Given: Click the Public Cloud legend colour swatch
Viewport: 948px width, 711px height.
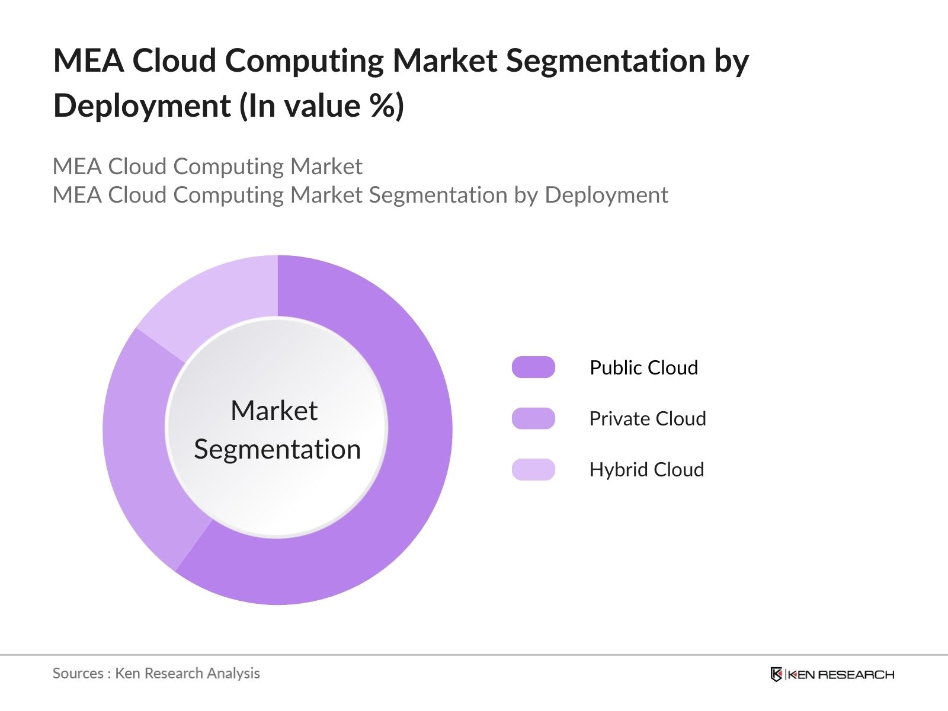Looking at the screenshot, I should tap(533, 367).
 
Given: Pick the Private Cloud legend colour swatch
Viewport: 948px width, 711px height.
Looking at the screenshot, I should tap(533, 418).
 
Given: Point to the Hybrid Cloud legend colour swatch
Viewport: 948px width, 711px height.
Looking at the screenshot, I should tap(533, 469).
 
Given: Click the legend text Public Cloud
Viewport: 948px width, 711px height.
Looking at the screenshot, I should tap(643, 367).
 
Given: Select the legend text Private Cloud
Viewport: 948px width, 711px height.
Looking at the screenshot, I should tap(647, 418).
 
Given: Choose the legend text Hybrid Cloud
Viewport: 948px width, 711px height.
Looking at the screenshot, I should tap(646, 469).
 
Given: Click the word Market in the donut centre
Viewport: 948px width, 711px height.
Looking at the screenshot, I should tap(274, 411).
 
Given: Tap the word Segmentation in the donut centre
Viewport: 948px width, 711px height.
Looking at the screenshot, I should tap(277, 449).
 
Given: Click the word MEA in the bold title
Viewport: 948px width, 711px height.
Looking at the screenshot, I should tap(88, 60).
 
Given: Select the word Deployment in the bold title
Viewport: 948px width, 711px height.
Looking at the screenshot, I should tap(142, 105).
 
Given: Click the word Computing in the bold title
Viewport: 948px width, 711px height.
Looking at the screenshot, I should tap(304, 60).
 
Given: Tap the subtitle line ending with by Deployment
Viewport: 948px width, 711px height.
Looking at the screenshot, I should tap(360, 195).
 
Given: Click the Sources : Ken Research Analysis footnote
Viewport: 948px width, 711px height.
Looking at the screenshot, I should tap(156, 673).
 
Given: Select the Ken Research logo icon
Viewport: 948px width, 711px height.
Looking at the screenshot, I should tap(776, 674).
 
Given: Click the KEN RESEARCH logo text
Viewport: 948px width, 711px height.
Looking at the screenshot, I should tap(841, 674).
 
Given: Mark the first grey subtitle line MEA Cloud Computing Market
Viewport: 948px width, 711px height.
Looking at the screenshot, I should tap(207, 166).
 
